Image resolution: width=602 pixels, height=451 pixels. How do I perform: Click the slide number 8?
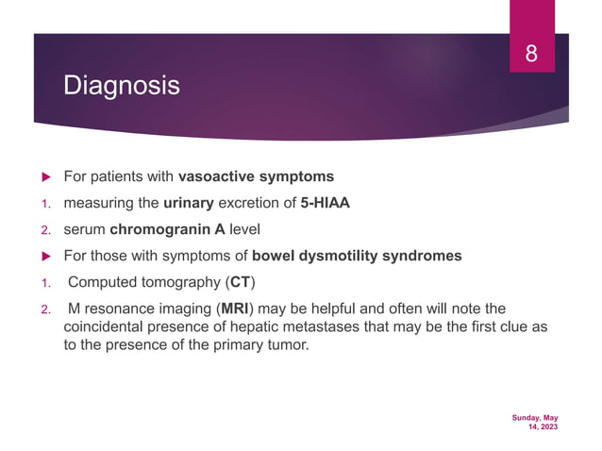[531, 54]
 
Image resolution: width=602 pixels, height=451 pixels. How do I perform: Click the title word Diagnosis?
[120, 87]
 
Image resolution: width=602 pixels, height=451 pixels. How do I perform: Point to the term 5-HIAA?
[326, 203]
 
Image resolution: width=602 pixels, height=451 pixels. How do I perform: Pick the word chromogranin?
[157, 229]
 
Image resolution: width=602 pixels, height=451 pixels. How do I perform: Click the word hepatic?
[276, 326]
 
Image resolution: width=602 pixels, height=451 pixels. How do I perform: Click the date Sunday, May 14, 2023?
[535, 422]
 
